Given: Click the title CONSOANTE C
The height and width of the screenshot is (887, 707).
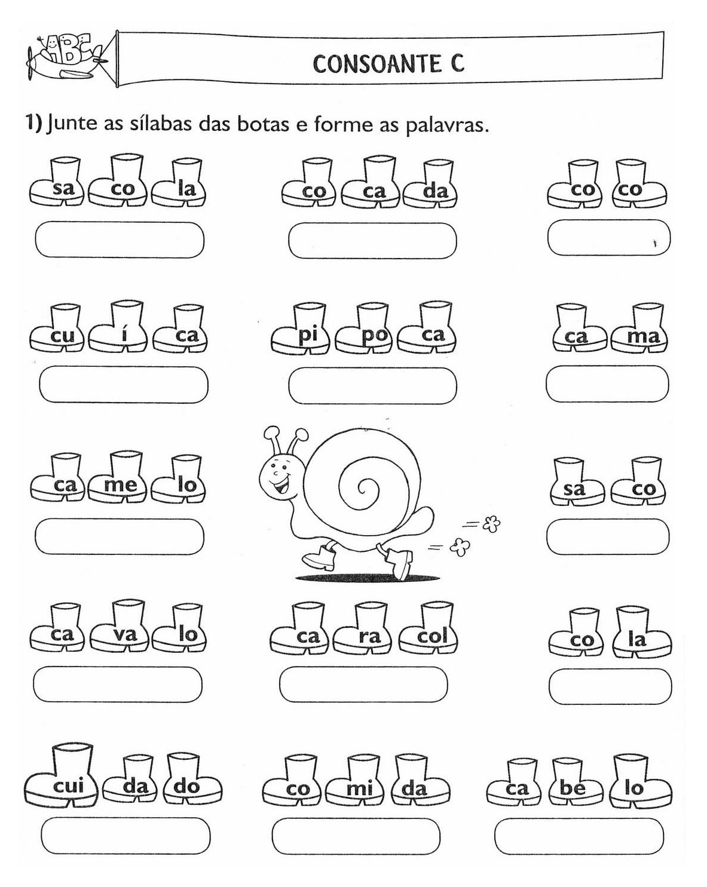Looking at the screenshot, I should pyautogui.click(x=388, y=63).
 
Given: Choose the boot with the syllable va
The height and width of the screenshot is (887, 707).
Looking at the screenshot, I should pyautogui.click(x=123, y=630).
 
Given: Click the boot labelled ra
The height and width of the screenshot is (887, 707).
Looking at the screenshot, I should pyautogui.click(x=366, y=633).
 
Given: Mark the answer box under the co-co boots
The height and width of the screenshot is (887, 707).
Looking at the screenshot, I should pyautogui.click(x=608, y=237).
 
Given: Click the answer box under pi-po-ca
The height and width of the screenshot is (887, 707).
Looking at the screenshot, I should pyautogui.click(x=372, y=386).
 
